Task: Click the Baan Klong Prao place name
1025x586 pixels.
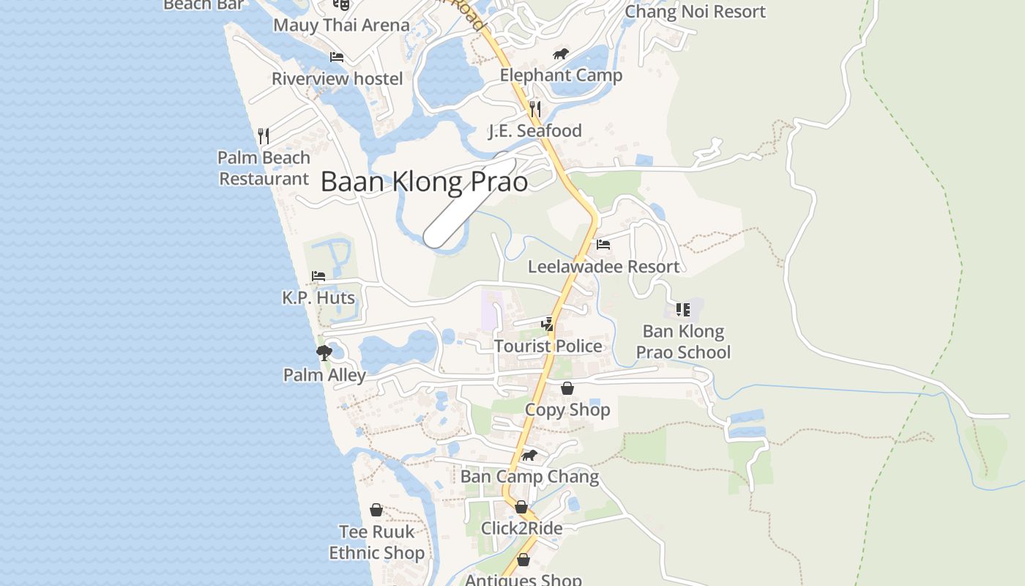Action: point(424,182)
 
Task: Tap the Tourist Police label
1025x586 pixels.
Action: point(548,346)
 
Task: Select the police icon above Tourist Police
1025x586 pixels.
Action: point(547,324)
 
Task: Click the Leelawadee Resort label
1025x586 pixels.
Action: point(603,267)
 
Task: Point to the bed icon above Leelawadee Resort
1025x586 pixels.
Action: point(603,244)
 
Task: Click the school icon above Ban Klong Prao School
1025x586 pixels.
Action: point(683,310)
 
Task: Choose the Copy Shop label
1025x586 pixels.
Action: point(567,409)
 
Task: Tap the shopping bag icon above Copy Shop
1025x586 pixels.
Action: point(567,388)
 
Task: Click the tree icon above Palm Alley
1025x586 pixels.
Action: point(324,353)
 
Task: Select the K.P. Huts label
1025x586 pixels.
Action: point(318,298)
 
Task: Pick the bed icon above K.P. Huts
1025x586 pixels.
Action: point(318,276)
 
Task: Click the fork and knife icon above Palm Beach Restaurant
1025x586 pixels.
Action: point(264,136)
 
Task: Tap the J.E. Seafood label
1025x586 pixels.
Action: point(535,131)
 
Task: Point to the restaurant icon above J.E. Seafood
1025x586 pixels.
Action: point(535,109)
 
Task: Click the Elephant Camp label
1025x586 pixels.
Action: point(561,75)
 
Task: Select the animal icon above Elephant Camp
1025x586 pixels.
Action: point(561,53)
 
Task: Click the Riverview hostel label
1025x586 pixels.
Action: point(338,78)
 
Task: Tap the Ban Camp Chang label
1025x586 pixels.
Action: point(529,477)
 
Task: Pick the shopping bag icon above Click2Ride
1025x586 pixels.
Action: point(521,507)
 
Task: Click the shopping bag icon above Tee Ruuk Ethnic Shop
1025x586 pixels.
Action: point(376,510)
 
